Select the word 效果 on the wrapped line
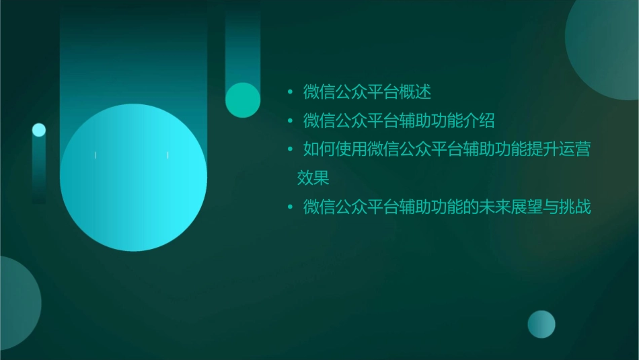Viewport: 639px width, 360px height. (313, 178)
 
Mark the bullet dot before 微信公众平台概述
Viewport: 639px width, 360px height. (290, 92)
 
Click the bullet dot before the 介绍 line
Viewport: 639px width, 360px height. (290, 122)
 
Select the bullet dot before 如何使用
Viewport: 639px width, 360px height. (290, 150)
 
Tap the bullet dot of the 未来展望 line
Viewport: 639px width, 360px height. (290, 208)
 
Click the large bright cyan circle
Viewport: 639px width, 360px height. (133, 178)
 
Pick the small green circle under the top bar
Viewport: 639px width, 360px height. (243, 100)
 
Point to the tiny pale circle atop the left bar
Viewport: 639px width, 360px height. (39, 130)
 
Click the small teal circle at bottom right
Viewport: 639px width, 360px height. (541, 324)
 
